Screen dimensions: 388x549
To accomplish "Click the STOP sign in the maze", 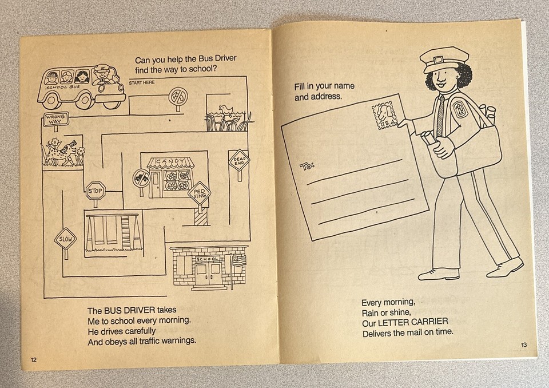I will (x=96, y=191).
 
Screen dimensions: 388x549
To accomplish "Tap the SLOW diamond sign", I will (x=65, y=239).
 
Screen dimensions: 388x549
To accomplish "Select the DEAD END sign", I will (x=238, y=161).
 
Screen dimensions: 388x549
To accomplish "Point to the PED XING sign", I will (x=199, y=193).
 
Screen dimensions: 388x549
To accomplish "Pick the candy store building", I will (x=170, y=177).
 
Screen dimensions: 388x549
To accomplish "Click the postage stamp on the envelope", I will (x=384, y=116).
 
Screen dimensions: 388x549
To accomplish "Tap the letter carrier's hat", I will (x=443, y=59).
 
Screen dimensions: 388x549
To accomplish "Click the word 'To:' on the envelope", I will (x=307, y=166).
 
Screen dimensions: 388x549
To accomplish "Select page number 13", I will (x=524, y=344).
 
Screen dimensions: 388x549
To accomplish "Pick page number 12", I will (x=33, y=359).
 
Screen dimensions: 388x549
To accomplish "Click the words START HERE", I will (x=142, y=84).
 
